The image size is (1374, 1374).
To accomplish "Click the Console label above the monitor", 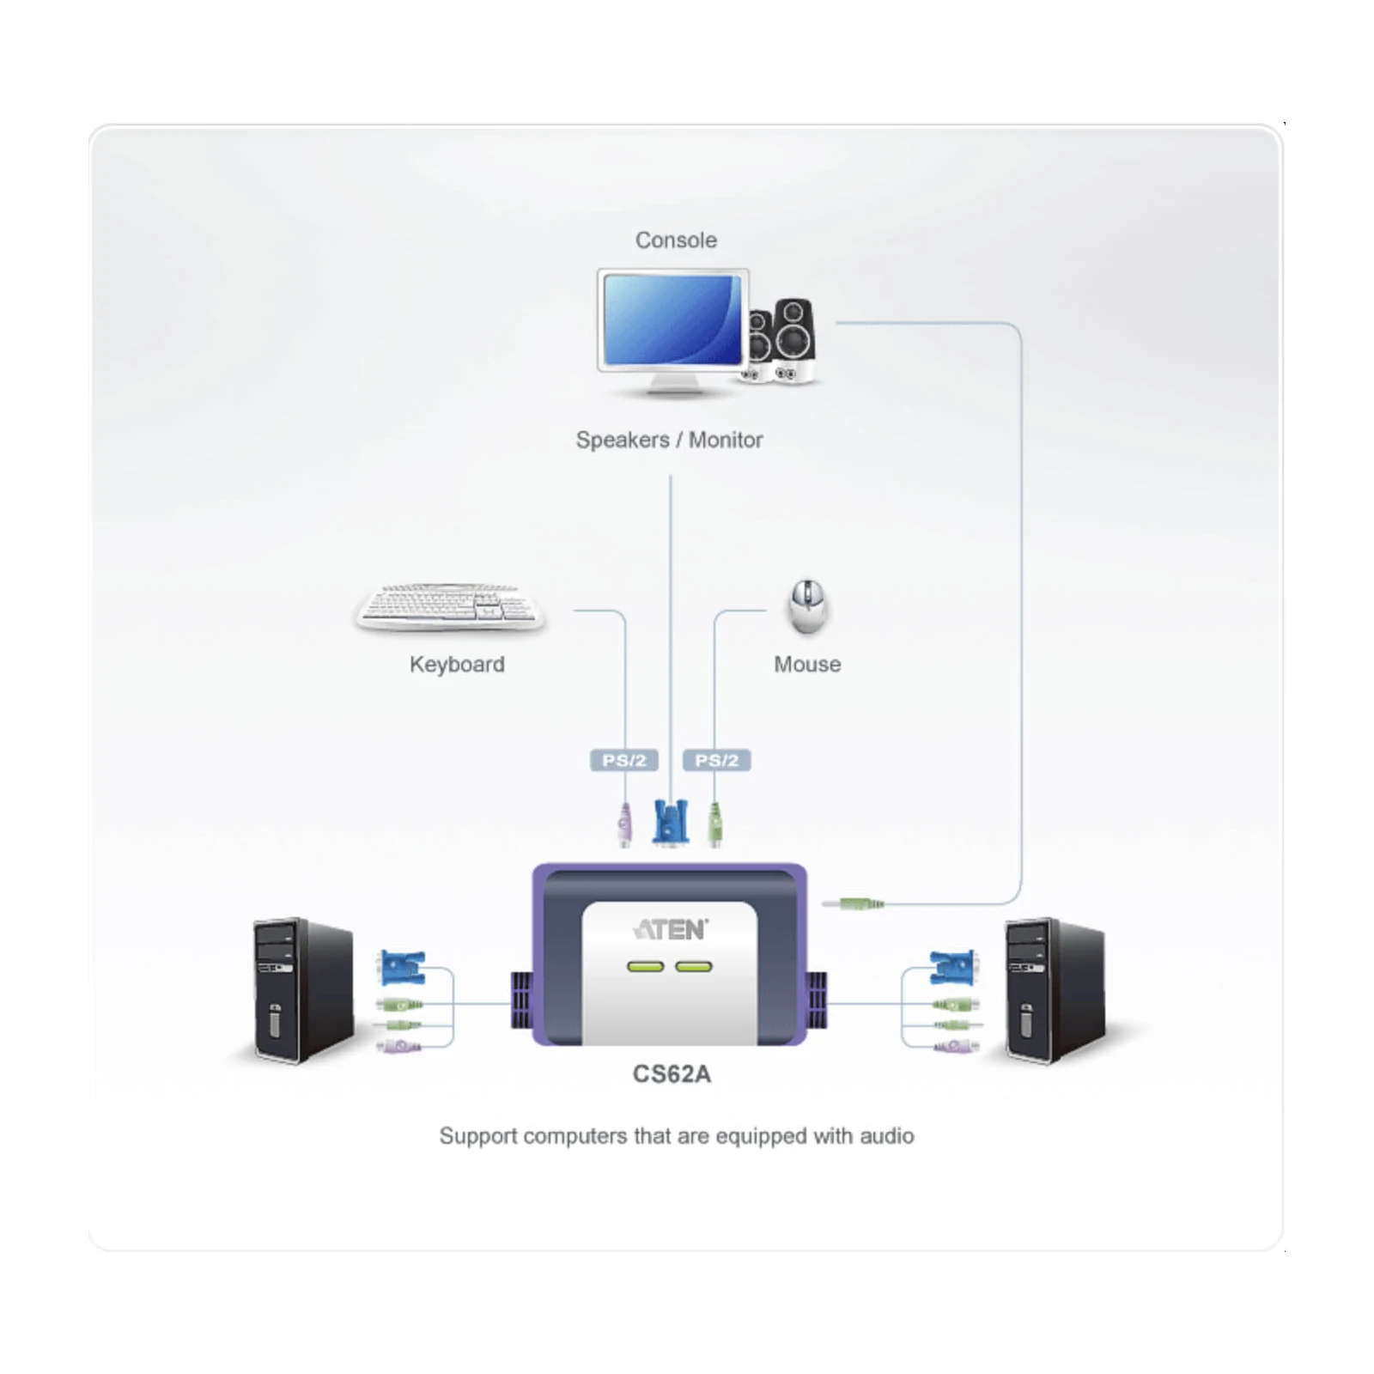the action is point(676,240).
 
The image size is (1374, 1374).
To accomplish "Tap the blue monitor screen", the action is point(672,319).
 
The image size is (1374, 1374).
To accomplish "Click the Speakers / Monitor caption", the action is point(669,440).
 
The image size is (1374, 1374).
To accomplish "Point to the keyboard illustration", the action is point(450,607).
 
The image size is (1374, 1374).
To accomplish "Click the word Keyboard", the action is point(457,664).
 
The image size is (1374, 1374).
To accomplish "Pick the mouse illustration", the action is point(807,606).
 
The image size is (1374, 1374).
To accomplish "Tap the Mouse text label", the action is point(807,664).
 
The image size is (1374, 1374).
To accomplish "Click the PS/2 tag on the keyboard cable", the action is point(624,760).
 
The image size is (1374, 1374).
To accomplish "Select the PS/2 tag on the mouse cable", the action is point(716,760).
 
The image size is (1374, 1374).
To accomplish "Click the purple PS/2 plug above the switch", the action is point(624,825).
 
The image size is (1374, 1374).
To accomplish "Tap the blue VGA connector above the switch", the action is point(671,822).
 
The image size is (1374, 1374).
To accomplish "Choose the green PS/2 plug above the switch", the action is point(715,825).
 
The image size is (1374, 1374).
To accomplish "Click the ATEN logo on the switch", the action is point(671,929).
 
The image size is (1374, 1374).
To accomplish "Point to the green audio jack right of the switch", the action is point(853,903).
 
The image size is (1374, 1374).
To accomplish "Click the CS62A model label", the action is point(672,1074).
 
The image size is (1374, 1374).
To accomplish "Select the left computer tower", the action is point(303,991).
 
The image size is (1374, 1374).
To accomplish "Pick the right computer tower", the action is point(1055,991).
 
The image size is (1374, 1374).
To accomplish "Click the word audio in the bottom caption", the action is point(887,1135).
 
